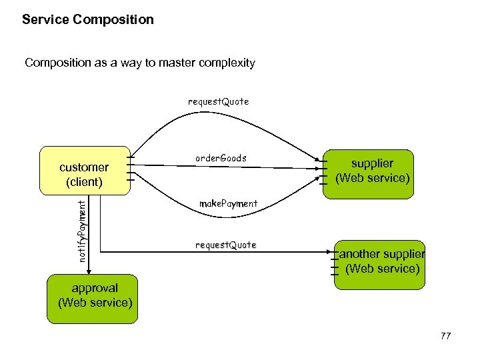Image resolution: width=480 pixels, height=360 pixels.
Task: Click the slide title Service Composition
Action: pyautogui.click(x=87, y=20)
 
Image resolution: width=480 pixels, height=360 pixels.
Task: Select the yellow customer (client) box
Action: pyautogui.click(x=85, y=171)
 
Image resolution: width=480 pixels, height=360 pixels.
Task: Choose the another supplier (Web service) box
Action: pyautogui.click(x=379, y=265)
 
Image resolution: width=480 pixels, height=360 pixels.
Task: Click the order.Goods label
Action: pyautogui.click(x=221, y=159)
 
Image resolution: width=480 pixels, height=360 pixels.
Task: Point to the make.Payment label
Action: pyautogui.click(x=229, y=203)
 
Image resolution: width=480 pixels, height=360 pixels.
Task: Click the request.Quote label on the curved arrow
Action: pyautogui.click(x=218, y=102)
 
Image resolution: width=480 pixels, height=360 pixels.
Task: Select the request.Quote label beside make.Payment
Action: pyautogui.click(x=225, y=245)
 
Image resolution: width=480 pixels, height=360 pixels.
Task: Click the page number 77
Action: pyautogui.click(x=445, y=337)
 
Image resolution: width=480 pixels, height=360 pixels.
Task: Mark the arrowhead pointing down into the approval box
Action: pyautogui.click(x=88, y=271)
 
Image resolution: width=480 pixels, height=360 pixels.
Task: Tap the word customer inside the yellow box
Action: pyautogui.click(x=84, y=167)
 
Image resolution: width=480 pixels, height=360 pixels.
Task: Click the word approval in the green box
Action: pyautogui.click(x=95, y=288)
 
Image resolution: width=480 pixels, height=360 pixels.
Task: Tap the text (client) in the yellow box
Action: pyautogui.click(x=84, y=182)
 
